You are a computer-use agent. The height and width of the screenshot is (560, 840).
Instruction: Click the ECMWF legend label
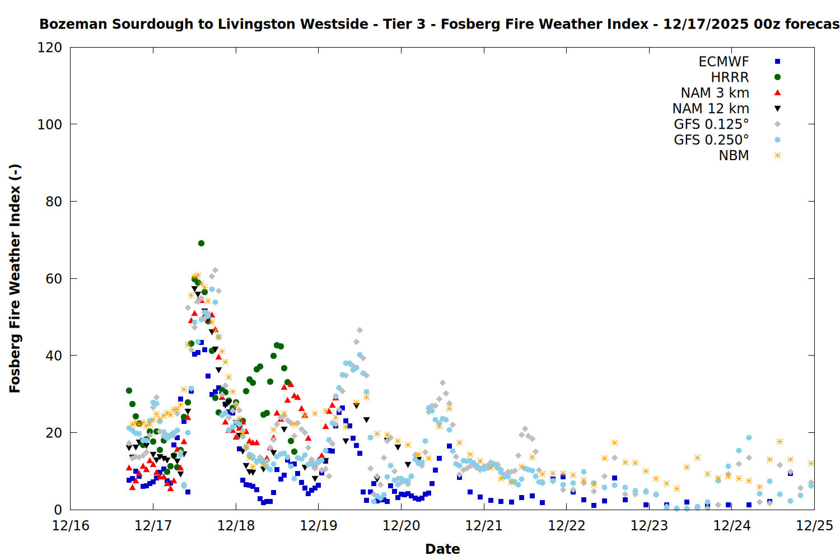click(724, 62)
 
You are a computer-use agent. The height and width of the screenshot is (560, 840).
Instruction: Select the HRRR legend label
click(730, 77)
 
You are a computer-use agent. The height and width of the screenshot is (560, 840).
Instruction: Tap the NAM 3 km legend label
click(715, 93)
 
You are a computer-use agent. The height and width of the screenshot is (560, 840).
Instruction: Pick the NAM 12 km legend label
click(711, 109)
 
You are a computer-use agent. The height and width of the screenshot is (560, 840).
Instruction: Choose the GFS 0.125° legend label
click(711, 124)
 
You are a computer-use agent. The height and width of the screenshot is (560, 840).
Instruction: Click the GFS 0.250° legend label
click(711, 140)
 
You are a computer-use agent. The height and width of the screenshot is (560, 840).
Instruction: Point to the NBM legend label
click(734, 156)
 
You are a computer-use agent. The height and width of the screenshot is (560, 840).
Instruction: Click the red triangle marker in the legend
click(777, 93)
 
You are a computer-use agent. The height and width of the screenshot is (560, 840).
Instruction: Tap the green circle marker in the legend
click(777, 77)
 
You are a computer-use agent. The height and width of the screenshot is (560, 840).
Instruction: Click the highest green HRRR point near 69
click(201, 244)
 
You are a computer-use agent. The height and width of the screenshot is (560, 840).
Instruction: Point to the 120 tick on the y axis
click(50, 48)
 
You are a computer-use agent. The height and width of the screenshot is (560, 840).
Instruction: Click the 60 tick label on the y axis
click(54, 278)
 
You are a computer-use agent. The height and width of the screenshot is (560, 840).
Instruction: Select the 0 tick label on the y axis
click(58, 510)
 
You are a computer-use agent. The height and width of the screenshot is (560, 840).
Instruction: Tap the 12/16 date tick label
click(71, 526)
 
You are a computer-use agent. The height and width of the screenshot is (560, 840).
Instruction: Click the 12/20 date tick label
click(401, 526)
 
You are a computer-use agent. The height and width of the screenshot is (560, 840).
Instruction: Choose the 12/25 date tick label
click(814, 526)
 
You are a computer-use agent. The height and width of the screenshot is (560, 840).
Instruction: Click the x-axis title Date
click(442, 549)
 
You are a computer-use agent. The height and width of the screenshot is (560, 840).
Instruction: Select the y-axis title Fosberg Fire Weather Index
click(15, 278)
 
